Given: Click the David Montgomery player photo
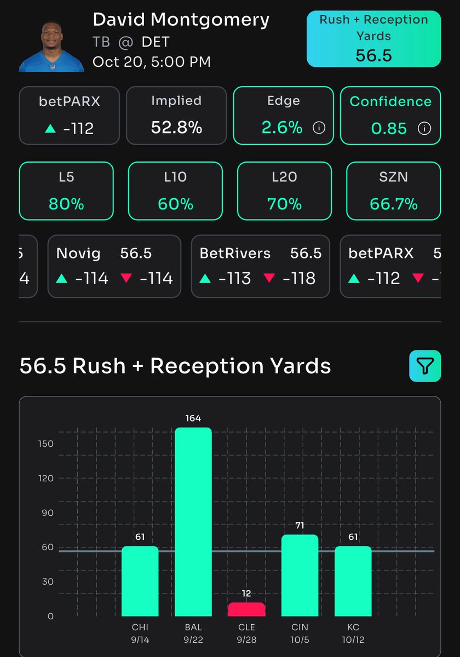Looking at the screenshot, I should [51, 47].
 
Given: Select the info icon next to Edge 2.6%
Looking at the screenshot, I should [319, 128].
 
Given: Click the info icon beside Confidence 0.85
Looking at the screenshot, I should [424, 129].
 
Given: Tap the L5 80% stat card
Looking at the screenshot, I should [66, 191].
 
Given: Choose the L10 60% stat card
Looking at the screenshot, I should [175, 191].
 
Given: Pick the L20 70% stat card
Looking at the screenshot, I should [284, 191].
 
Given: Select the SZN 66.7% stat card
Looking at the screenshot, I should [393, 191].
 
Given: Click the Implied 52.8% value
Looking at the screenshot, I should [176, 128].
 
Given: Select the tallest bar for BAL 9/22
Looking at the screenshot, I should [193, 520].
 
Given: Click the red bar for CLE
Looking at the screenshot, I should [246, 609].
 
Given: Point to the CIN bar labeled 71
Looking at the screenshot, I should [300, 575].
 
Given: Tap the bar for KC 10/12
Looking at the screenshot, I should [353, 580].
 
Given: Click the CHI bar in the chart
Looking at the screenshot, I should [140, 580].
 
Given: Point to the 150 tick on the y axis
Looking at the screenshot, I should [47, 443].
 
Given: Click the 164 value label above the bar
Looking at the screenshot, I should [193, 419].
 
